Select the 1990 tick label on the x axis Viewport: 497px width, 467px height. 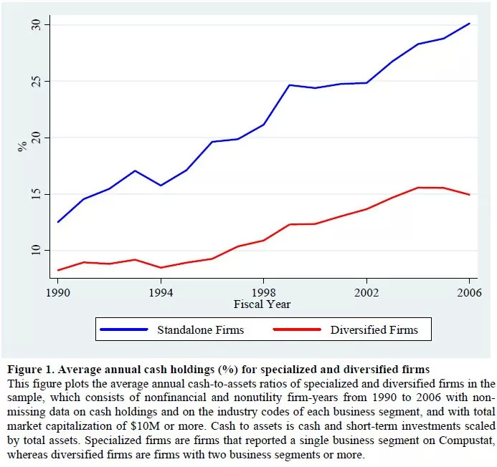coord(58,293)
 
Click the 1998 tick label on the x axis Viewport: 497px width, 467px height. coord(264,293)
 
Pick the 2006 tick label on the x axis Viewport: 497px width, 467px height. coord(470,293)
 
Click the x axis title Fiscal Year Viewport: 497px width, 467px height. coord(263,304)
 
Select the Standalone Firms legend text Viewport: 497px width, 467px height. coord(200,330)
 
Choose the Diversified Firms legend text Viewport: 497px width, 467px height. coord(374,330)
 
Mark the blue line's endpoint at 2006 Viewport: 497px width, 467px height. coord(470,24)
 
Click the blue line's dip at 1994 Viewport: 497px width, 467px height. coord(161,186)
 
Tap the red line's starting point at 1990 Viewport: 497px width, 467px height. coord(58,270)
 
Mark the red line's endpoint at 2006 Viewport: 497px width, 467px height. coord(470,195)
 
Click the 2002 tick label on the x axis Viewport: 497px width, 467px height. coord(366,293)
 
